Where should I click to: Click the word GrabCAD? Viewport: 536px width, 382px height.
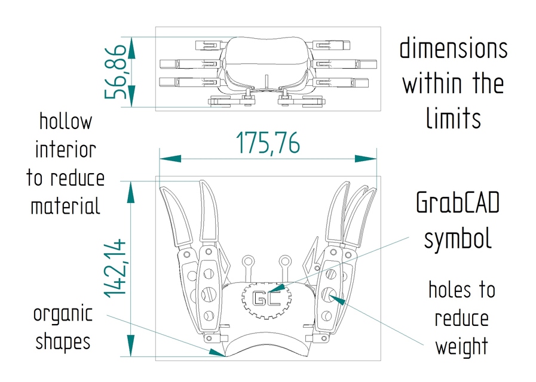(x=457, y=204)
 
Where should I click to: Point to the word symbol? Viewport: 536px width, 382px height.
(x=457, y=238)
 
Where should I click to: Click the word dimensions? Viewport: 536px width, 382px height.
(x=453, y=48)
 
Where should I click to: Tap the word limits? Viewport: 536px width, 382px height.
(x=453, y=118)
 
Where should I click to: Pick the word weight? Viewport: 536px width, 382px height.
(x=461, y=346)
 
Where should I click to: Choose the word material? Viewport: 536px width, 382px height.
(x=65, y=207)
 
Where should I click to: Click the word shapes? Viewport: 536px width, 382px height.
(x=63, y=342)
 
